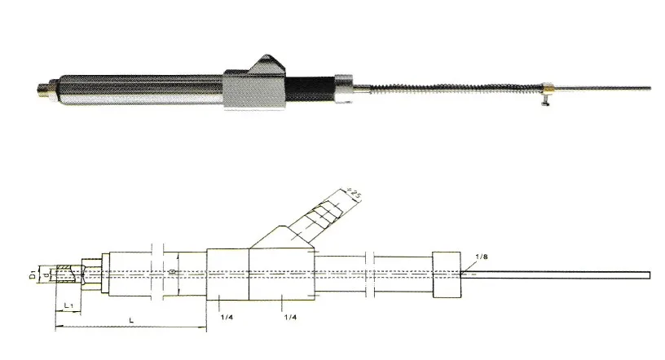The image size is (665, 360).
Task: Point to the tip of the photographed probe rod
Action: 649,86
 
